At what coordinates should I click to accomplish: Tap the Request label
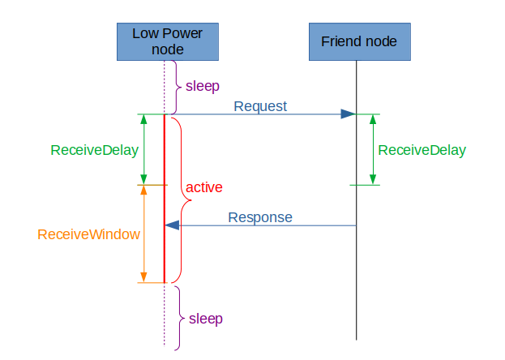pos(260,106)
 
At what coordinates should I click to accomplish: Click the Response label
pos(260,217)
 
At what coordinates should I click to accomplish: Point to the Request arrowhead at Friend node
pos(349,114)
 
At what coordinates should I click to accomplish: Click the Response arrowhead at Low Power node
pos(172,225)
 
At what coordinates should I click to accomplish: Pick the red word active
pos(203,187)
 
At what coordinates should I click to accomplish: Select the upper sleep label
pos(203,85)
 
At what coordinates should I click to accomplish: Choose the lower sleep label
pos(205,318)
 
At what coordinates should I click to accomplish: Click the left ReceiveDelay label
pos(94,150)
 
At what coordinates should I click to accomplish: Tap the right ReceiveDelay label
pos(422,150)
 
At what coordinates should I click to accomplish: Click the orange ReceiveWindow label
pos(88,234)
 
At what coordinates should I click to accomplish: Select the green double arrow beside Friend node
pos(373,150)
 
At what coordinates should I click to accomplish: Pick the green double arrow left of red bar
pos(143,150)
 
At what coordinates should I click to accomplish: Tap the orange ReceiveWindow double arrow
pos(143,234)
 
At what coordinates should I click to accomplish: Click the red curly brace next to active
pos(178,199)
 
